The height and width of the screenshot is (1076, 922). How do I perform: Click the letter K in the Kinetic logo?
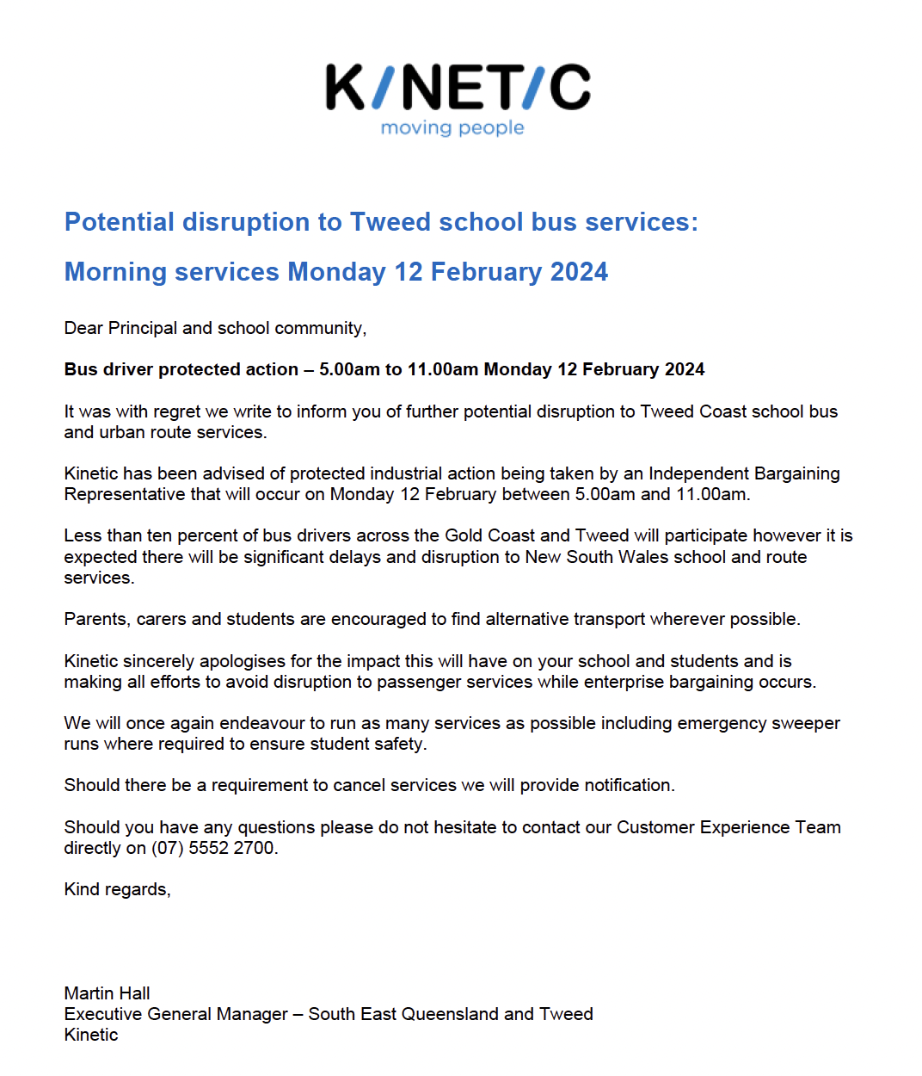pos(346,87)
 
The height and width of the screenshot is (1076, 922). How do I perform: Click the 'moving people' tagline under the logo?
pos(452,128)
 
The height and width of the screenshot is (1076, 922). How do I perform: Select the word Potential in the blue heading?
pos(120,222)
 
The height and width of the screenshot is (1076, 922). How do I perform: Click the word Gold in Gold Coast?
pos(464,535)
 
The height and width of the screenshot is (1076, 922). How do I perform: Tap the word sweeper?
pos(806,723)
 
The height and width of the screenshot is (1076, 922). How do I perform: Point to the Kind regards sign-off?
pos(117,889)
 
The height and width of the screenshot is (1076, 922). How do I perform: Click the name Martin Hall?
pos(107,993)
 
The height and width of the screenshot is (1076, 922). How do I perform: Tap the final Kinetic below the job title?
pos(90,1035)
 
